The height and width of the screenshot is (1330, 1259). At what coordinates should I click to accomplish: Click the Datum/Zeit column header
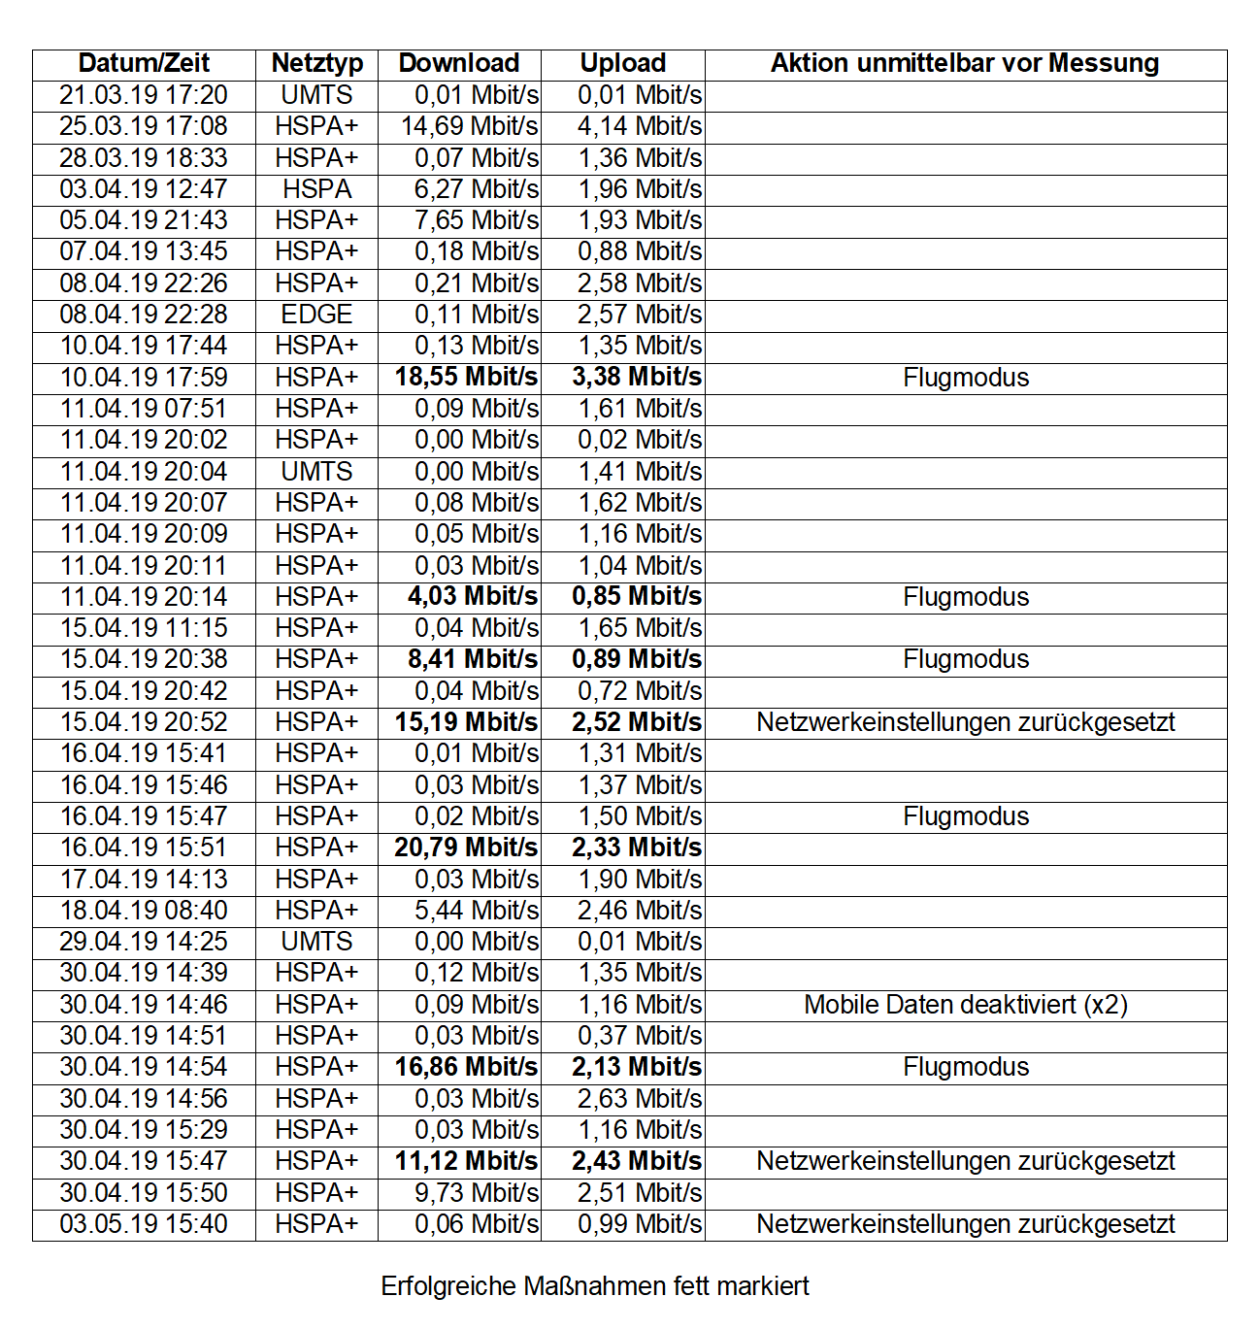point(144,64)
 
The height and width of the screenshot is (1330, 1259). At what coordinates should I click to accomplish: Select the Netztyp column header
point(316,64)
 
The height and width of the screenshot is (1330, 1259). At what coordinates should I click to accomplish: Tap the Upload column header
point(622,64)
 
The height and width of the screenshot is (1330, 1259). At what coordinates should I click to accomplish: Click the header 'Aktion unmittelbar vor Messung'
point(965,64)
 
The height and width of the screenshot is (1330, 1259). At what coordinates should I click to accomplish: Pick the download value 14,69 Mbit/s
point(469,126)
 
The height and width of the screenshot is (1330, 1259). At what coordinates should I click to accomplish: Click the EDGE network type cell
point(316,315)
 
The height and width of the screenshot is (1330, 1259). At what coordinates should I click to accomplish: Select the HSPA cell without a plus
point(316,189)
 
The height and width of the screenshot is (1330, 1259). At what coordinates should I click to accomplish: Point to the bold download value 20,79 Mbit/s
point(466,848)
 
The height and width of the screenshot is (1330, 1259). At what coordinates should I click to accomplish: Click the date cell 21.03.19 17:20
point(144,95)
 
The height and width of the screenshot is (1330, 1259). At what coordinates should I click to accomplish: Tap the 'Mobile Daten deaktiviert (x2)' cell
point(965,1005)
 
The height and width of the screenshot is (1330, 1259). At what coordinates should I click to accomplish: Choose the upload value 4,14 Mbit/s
point(640,126)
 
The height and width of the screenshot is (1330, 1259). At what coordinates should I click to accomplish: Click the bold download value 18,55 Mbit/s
point(466,378)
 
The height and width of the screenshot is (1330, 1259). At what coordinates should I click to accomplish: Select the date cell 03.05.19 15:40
point(144,1224)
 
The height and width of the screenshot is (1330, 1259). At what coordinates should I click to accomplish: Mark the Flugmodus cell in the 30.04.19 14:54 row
point(965,1067)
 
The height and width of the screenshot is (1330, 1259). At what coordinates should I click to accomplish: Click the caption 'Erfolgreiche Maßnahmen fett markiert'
point(595,1286)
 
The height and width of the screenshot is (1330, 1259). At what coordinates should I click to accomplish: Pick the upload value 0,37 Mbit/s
point(640,1036)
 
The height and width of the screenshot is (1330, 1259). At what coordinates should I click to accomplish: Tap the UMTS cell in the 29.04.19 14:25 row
point(316,942)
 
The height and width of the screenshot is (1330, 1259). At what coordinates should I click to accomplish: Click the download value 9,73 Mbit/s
point(476,1193)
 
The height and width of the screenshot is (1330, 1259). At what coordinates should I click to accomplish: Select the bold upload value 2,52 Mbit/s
point(637,722)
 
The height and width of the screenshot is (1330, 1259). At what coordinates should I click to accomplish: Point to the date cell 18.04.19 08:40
point(144,911)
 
